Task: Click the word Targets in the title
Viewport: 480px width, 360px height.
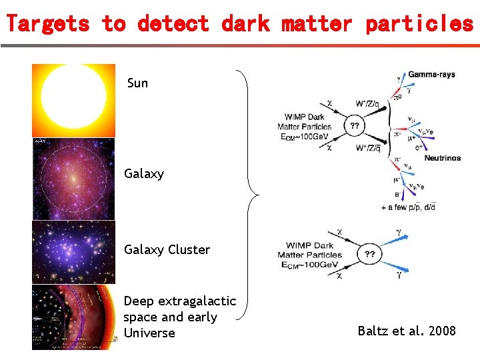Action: point(47,24)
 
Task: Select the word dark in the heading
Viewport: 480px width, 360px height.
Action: point(245,24)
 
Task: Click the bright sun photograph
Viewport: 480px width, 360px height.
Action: point(73,100)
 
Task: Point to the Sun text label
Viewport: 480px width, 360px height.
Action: point(137,83)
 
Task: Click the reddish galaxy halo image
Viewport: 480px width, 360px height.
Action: point(73,179)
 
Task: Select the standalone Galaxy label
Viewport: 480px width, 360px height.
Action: point(143,174)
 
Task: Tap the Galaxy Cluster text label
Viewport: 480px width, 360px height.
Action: point(167,250)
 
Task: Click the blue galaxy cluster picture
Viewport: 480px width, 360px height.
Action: point(73,253)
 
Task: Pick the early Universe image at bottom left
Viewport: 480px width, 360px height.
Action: point(73,317)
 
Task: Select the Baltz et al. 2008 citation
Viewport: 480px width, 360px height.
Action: point(407,331)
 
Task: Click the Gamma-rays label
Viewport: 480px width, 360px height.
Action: point(431,74)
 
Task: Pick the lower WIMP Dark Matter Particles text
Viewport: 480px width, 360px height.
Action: point(309,250)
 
